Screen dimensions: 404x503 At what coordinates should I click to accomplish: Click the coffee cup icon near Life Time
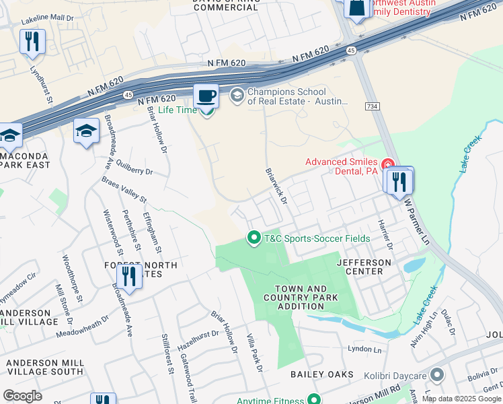point(206,96)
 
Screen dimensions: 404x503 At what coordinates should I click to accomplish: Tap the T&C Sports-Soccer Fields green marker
point(254,238)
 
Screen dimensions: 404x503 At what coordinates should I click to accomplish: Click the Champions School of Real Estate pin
point(237,96)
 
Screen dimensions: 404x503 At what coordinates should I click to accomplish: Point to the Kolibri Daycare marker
point(437,374)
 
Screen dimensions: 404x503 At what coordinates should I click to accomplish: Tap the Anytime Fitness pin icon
point(313,400)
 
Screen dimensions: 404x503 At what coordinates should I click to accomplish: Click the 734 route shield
point(371,106)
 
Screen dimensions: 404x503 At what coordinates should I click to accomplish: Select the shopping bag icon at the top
point(356,8)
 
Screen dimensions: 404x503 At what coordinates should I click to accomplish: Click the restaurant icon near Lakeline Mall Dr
point(32,42)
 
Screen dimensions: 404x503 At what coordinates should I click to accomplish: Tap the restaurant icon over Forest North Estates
point(128,275)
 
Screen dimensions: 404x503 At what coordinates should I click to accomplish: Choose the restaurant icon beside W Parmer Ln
point(399,181)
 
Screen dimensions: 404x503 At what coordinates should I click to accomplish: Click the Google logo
point(22,395)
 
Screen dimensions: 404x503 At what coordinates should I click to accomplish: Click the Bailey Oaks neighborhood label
point(318,374)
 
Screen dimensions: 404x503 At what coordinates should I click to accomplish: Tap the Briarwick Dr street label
point(276,187)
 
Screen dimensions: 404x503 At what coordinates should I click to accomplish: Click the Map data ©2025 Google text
point(461,399)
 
